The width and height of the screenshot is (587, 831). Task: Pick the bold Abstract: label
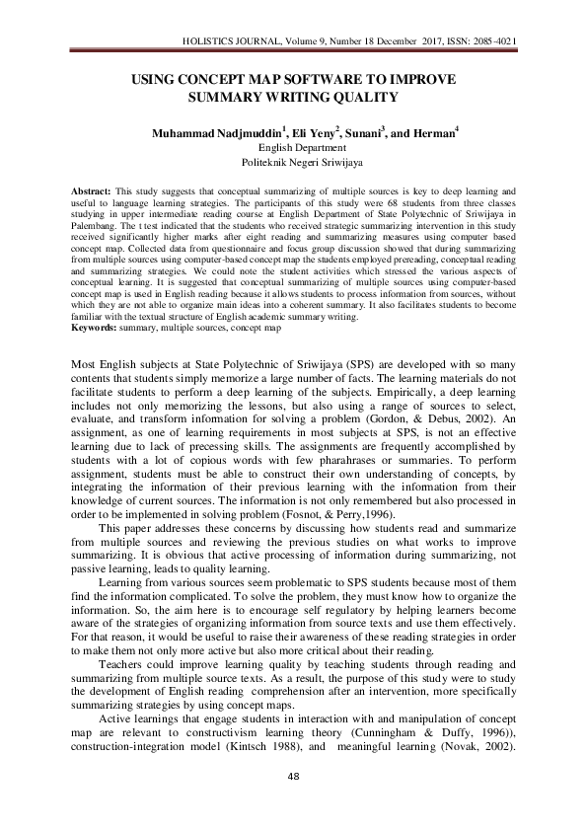(x=92, y=188)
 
